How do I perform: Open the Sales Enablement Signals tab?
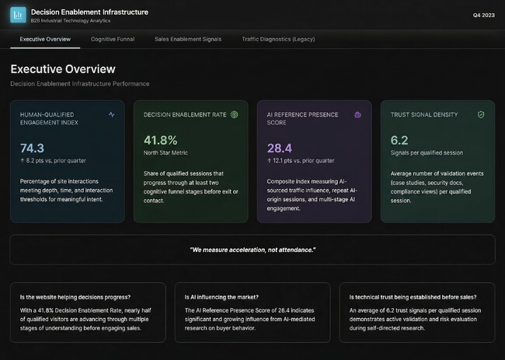187,38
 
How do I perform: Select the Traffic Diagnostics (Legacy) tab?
277,38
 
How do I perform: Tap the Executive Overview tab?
45,38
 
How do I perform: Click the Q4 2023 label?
482,15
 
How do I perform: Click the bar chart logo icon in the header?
18,15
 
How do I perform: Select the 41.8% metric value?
161,140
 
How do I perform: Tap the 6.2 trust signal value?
399,140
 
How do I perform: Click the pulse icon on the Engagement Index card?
111,114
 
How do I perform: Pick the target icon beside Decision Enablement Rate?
234,114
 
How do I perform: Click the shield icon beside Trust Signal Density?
481,114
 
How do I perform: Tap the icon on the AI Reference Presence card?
357,114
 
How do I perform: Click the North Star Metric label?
166,154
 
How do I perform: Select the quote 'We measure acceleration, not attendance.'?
252,249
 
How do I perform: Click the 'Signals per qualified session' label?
426,154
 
